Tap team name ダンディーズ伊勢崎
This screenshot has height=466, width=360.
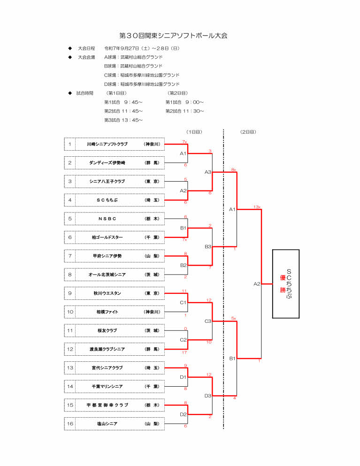click(x=107, y=163)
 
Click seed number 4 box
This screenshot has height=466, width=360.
click(x=70, y=200)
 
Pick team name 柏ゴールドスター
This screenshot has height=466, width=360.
click(x=107, y=237)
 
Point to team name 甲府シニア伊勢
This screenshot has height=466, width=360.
click(x=107, y=256)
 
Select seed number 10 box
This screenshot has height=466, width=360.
click(x=70, y=312)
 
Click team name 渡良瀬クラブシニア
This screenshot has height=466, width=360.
click(x=107, y=349)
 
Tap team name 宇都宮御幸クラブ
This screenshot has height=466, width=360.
click(x=107, y=405)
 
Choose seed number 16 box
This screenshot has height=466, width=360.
click(x=70, y=424)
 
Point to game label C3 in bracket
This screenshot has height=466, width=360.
click(x=208, y=321)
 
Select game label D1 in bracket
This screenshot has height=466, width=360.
click(x=184, y=377)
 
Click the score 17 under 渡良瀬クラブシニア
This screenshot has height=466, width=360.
click(x=185, y=352)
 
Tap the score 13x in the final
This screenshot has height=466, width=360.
click(x=257, y=206)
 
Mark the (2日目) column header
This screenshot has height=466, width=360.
click(x=248, y=132)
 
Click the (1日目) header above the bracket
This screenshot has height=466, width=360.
click(x=194, y=132)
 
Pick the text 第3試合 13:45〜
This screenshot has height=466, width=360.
click(x=123, y=120)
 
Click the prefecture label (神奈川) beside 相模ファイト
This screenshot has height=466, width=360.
click(x=152, y=312)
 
